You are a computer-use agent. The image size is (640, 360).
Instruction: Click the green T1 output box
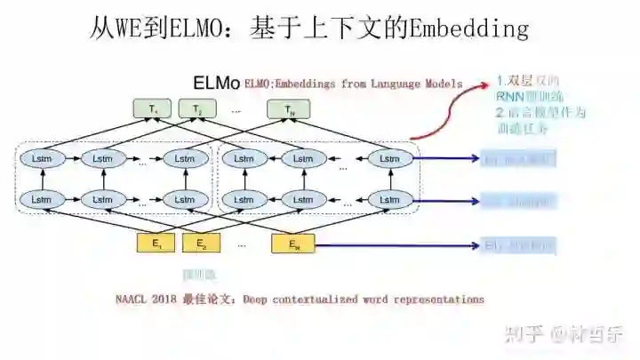point(154,110)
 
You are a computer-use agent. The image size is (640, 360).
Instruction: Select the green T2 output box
point(197,110)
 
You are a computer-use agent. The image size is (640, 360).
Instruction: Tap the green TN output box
point(288,110)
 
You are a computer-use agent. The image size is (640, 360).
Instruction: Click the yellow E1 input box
point(156,243)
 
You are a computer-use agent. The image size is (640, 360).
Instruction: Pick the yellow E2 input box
point(201,243)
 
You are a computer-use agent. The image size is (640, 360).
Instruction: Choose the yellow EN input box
point(293,243)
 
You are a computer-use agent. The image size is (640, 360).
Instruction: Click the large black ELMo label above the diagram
point(216,84)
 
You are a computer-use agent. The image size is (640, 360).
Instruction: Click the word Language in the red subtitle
point(398,84)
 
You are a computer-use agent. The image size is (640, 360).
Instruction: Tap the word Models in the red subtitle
point(444,84)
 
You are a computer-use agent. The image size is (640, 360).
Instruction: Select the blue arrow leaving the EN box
point(400,244)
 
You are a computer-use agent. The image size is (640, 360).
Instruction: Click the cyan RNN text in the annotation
point(509,97)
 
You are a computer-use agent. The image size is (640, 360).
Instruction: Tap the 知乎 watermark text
point(523,335)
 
